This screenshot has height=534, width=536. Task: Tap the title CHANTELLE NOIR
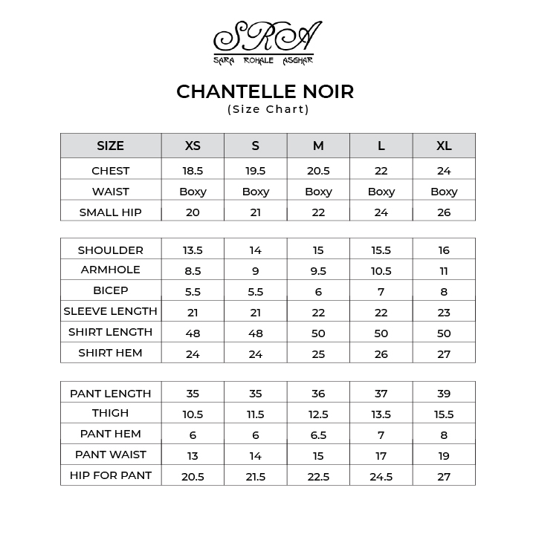pos(265,91)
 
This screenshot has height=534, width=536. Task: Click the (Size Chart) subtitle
pos(268,109)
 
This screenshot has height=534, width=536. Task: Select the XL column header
pos(444,146)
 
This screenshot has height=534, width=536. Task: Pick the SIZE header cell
pos(110,146)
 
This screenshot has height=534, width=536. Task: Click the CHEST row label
pos(110,171)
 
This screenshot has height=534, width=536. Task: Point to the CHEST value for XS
pos(193,171)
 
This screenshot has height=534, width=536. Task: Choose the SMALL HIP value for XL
pos(444,212)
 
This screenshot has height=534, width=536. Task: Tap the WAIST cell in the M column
pos(318,192)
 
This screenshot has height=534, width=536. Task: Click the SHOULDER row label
pos(110,250)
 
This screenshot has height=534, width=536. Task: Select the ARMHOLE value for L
pos(381,271)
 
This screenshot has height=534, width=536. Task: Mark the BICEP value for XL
pos(444,292)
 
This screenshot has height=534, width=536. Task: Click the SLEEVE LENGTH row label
pos(110,311)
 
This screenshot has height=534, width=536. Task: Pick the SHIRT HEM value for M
pos(318,354)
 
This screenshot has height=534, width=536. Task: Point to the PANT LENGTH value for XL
pos(444,394)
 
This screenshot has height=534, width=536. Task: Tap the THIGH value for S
pos(255,414)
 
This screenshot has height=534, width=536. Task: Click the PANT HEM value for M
pos(318,435)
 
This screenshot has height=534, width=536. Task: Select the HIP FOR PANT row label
pos(110,475)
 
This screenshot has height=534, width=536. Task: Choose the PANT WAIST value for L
pos(381,456)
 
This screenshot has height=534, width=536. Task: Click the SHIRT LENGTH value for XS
pos(193,333)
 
